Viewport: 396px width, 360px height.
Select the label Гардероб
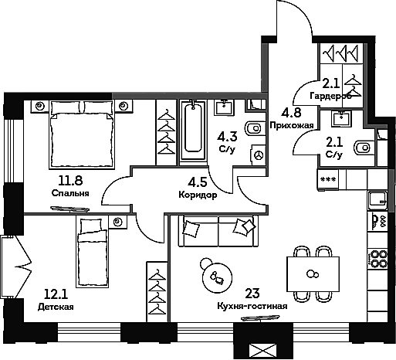click(330, 96)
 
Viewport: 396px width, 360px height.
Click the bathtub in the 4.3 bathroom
click(193, 131)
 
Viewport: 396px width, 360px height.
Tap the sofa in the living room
click(217, 230)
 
